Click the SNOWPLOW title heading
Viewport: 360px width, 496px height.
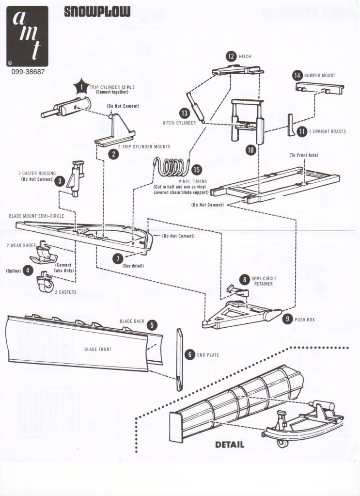[97, 12]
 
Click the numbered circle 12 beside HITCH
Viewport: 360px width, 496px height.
[231, 56]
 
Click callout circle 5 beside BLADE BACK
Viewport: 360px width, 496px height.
[152, 325]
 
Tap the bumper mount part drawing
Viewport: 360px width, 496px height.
[318, 89]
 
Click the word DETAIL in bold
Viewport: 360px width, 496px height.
[229, 444]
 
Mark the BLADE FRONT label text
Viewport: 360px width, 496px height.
[98, 349]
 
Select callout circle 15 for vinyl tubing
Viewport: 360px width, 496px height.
[196, 170]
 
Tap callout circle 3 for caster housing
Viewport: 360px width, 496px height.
[59, 181]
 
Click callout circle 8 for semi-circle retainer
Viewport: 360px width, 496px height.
[246, 280]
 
